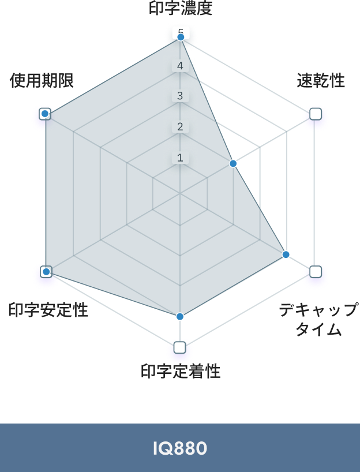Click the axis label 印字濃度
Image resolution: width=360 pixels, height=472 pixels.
(180, 9)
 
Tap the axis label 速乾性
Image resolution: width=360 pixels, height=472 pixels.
(321, 81)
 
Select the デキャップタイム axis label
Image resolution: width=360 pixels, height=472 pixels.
(318, 320)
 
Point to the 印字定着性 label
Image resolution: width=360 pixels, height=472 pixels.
(181, 372)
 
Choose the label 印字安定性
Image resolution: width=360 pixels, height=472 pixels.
(48, 310)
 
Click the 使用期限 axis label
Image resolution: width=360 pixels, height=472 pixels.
(42, 81)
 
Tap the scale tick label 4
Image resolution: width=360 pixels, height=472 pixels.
(180, 66)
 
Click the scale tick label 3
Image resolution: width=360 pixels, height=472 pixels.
(180, 96)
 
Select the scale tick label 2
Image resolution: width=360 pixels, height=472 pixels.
(180, 126)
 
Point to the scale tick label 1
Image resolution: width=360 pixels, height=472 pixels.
(180, 157)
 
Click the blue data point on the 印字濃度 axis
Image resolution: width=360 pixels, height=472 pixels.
(181, 37)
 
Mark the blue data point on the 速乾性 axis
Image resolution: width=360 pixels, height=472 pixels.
(233, 164)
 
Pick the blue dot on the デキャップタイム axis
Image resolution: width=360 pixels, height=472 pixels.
(286, 254)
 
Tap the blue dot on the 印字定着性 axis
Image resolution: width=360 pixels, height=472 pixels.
(180, 316)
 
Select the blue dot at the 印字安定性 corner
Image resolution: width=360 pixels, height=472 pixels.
(46, 271)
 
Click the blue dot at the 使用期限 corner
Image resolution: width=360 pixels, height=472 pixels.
(45, 114)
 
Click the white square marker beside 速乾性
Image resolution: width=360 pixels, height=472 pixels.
(316, 115)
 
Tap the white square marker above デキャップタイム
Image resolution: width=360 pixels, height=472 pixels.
(316, 271)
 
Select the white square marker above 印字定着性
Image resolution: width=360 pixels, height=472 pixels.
(180, 347)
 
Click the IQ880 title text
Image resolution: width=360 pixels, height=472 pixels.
(180, 448)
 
